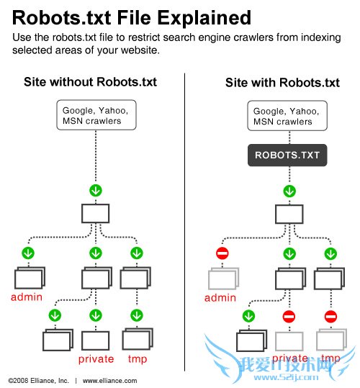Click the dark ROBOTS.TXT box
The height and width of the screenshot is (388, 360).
point(287,154)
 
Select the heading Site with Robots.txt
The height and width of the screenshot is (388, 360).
point(282,82)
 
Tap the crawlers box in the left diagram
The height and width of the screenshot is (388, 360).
point(95,115)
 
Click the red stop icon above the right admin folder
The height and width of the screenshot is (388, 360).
point(222,253)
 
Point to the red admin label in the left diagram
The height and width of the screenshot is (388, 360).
point(27,297)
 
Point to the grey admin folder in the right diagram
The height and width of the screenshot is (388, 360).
point(222,279)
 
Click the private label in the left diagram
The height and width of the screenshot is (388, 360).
point(95,358)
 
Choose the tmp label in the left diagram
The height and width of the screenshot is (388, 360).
point(138,358)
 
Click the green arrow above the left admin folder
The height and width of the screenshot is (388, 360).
point(28,253)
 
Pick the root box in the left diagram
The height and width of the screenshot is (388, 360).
point(95,213)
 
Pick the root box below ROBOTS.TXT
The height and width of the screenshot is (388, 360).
point(289,213)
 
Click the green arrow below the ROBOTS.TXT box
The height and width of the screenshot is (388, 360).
point(289,191)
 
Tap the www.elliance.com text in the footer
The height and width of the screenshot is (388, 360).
point(109,380)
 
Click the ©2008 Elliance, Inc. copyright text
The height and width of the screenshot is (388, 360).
point(38,380)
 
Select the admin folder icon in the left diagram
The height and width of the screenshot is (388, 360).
point(29,279)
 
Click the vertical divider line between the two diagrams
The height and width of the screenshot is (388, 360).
point(186,216)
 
